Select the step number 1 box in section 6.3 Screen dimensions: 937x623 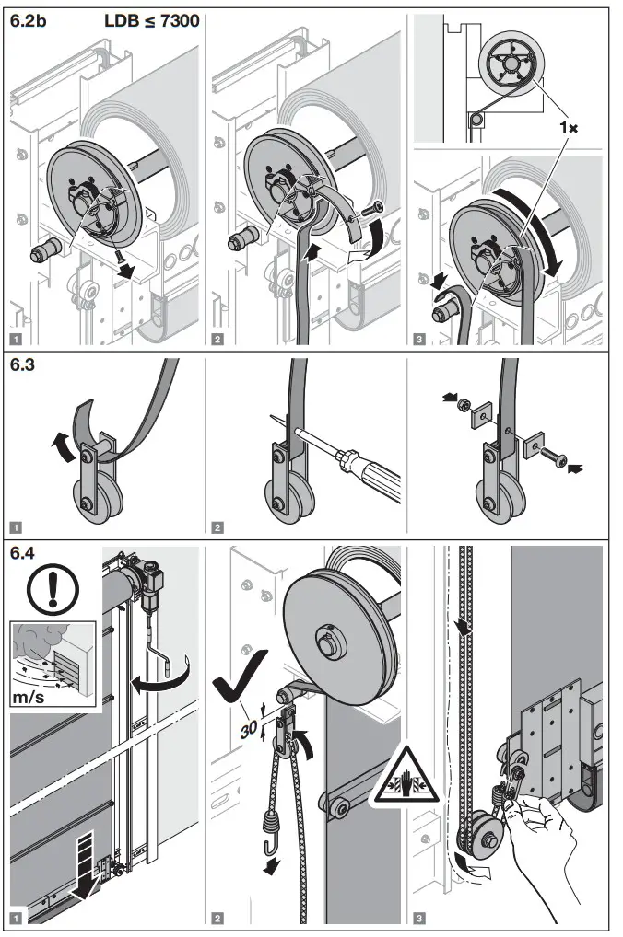16,527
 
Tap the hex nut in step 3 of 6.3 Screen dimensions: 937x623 468,401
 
